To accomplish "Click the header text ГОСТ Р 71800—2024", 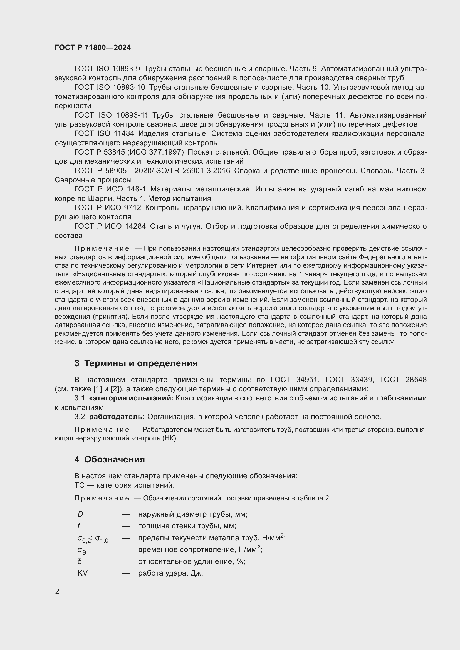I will (93, 48).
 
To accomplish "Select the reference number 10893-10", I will (128, 87).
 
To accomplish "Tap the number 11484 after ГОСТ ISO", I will (123, 134).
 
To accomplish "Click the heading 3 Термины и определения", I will (136, 363).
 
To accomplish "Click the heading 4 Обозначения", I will (110, 459).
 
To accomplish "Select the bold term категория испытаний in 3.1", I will (131, 398).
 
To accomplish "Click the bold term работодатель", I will (117, 417).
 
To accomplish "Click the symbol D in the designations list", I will (80, 514).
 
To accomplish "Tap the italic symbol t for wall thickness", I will (78, 526).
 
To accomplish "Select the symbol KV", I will (82, 573).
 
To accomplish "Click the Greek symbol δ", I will (80, 561).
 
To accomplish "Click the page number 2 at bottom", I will (57, 591).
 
